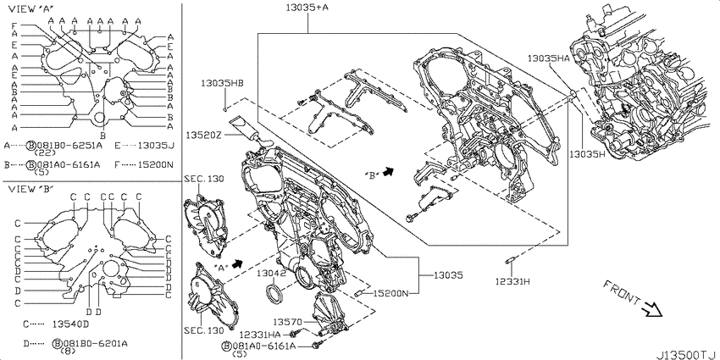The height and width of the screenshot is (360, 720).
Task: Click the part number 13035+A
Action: click(x=307, y=7)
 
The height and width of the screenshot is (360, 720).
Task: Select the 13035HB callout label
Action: click(x=222, y=83)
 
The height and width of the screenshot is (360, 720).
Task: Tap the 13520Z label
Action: click(x=206, y=135)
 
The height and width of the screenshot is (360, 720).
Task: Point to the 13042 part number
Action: click(x=271, y=274)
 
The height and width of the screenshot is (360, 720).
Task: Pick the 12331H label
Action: click(x=512, y=280)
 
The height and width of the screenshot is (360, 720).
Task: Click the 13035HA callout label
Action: click(x=548, y=58)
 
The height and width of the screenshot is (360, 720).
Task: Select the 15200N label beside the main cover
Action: click(x=390, y=292)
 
